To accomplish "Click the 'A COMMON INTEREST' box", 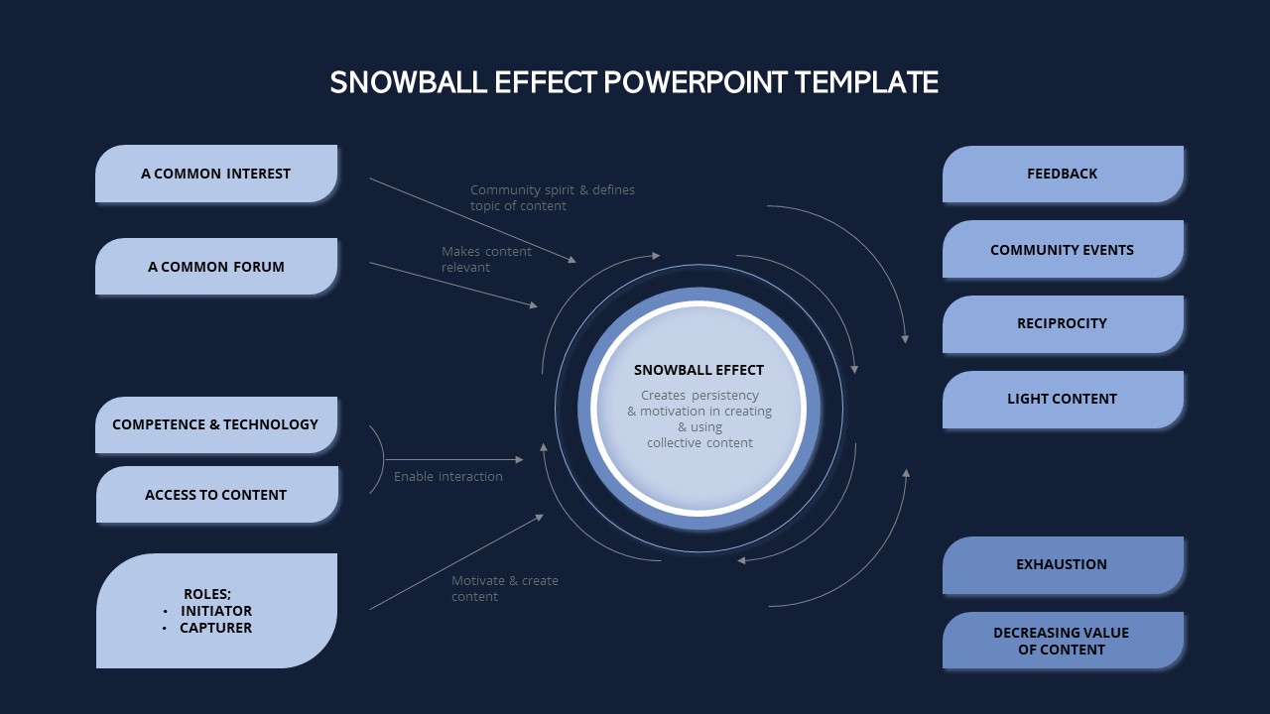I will point(216,174).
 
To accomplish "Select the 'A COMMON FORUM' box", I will point(216,267).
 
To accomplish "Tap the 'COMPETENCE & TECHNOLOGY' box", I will point(216,424).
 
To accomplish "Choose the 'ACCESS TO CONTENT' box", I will point(216,495).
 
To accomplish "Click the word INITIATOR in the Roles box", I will point(216,611).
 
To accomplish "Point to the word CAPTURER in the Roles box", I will point(216,628).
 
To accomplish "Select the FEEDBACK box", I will point(1063,174).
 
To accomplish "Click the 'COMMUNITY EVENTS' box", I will point(1063,250).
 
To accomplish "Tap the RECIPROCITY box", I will point(1063,323).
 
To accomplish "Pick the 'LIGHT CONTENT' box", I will point(1063,399).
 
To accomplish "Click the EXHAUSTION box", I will point(1063,564).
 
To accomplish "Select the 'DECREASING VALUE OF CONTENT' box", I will point(1063,641).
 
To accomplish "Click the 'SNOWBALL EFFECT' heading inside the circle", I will point(698,370).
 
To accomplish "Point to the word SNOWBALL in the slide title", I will point(401,82).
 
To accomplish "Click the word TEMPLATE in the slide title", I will point(866,82).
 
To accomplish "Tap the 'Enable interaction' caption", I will point(448,477).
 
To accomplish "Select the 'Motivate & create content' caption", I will point(505,588).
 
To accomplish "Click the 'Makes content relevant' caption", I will point(486,259).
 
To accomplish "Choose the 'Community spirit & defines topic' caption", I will point(552,197).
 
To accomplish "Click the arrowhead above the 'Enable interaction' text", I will point(519,459).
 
